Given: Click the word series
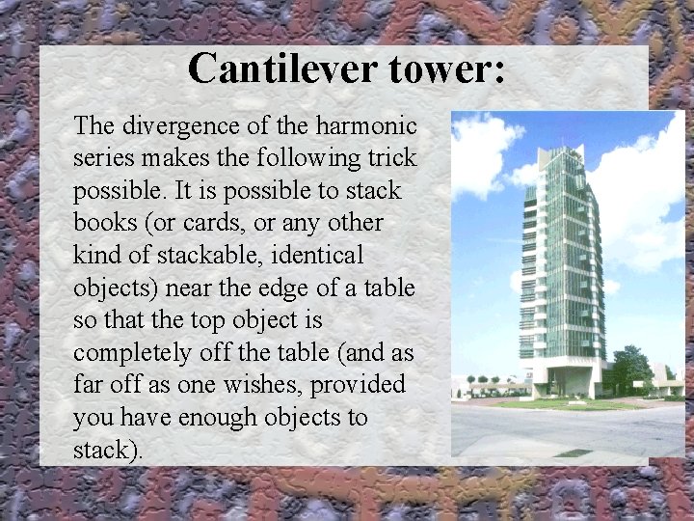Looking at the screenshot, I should click(x=100, y=158).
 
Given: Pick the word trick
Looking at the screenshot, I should click(x=389, y=158).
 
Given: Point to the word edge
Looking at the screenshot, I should click(x=283, y=288).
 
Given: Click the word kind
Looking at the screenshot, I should click(x=100, y=256).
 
